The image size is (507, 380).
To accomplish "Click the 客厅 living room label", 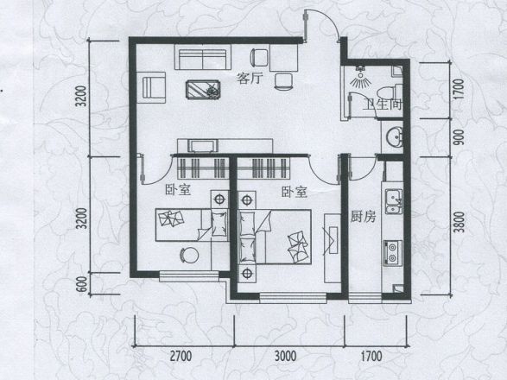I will click(x=250, y=79).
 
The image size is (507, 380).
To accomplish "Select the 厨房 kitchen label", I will click(x=363, y=217).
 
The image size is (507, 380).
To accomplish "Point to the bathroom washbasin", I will click(x=393, y=136).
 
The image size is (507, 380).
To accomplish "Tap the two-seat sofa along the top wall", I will click(x=202, y=59).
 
